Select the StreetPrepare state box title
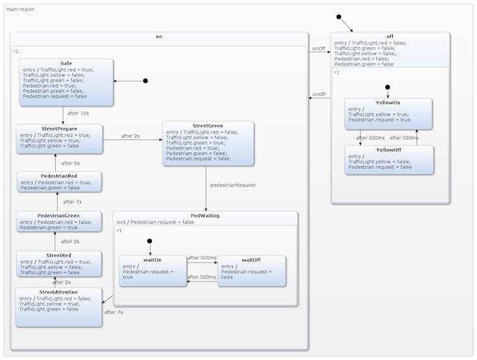coord(59,128)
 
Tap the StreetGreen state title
coord(208,125)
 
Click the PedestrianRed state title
coord(59,176)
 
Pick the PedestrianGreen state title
coord(59,215)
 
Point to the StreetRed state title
coord(59,255)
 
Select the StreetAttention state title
coord(59,292)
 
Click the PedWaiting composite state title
coord(205,215)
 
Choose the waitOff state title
coord(251,259)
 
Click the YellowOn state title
coord(388,102)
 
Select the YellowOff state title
coord(388,149)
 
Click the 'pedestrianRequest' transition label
coord(232,185)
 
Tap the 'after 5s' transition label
coord(71,163)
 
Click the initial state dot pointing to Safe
coord(145,81)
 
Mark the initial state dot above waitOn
coord(150,241)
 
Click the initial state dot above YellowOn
coord(387,87)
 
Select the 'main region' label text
coord(20,9)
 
